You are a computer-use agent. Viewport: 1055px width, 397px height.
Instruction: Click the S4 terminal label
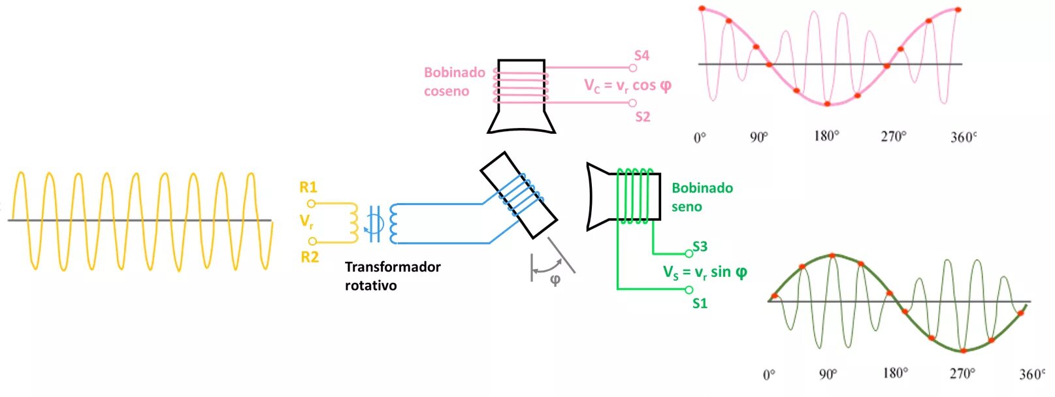[x=641, y=56]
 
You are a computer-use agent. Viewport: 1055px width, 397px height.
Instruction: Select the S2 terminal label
[x=643, y=117]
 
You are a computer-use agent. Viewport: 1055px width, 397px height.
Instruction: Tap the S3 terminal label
[x=700, y=246]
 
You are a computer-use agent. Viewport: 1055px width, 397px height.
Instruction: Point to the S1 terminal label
[x=700, y=303]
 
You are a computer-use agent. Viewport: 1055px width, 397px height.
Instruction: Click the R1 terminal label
[x=308, y=187]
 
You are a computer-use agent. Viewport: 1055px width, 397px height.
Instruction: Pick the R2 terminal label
[x=310, y=257]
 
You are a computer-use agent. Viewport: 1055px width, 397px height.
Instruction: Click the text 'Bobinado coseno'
[x=454, y=82]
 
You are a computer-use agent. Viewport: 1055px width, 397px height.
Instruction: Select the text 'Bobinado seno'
[x=702, y=197]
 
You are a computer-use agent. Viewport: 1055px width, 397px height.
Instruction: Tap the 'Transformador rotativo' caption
[x=392, y=276]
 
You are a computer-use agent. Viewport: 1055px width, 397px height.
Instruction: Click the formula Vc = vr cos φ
[x=627, y=86]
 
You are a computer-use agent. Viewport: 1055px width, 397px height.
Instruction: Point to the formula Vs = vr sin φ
[x=705, y=272]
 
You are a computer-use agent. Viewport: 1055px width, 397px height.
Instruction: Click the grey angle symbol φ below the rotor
[x=555, y=280]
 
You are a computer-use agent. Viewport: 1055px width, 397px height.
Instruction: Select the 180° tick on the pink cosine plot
[x=826, y=136]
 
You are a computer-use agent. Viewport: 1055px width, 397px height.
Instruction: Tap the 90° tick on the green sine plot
[x=828, y=374]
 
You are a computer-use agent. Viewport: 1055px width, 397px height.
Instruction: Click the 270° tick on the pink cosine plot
[x=894, y=136]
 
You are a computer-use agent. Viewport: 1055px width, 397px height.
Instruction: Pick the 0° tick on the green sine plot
[x=769, y=375]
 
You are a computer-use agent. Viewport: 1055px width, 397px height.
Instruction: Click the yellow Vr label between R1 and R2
[x=306, y=221]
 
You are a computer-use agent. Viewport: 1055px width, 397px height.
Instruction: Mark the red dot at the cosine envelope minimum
[x=827, y=104]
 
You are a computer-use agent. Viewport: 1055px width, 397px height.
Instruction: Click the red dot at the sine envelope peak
[x=832, y=256]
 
